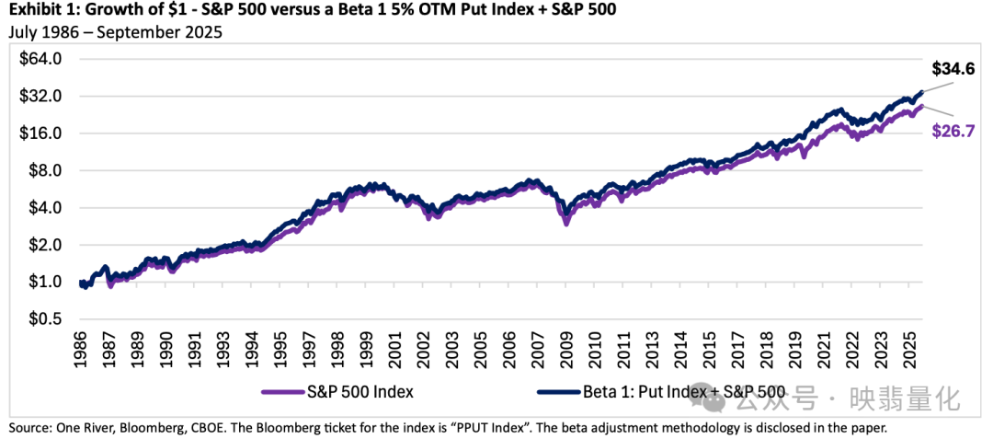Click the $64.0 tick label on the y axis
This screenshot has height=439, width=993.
[41, 59]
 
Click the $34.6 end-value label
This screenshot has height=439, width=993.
[953, 69]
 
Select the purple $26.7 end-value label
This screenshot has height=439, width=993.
[953, 131]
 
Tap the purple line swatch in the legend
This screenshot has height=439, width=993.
[283, 392]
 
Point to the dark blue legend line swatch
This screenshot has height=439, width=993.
[558, 392]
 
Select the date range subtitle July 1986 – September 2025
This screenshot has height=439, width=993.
[116, 33]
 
